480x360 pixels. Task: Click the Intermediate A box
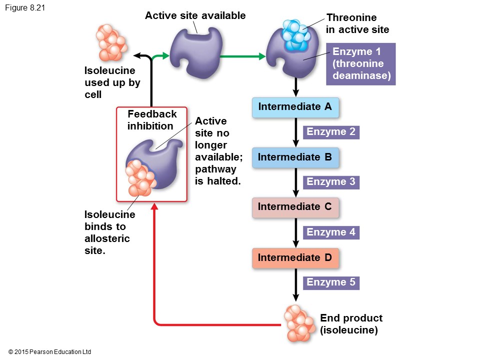pyautogui.click(x=295, y=107)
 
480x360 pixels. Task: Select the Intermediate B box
pyautogui.click(x=295, y=157)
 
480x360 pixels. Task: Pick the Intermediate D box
pyautogui.click(x=295, y=258)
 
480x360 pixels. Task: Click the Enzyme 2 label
pyautogui.click(x=331, y=132)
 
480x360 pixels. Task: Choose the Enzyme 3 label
pyautogui.click(x=331, y=182)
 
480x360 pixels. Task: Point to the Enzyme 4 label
pyautogui.click(x=331, y=232)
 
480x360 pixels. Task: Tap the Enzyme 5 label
pyautogui.click(x=331, y=282)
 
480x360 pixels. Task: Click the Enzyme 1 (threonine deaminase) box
pyautogui.click(x=360, y=64)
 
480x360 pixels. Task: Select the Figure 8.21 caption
pyautogui.click(x=25, y=7)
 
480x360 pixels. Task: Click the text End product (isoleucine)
pyautogui.click(x=351, y=324)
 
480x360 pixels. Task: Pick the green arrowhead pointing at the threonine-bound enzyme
pyautogui.click(x=261, y=56)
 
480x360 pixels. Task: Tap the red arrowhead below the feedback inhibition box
pyautogui.click(x=154, y=205)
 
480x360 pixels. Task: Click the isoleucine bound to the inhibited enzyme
pyautogui.click(x=140, y=177)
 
